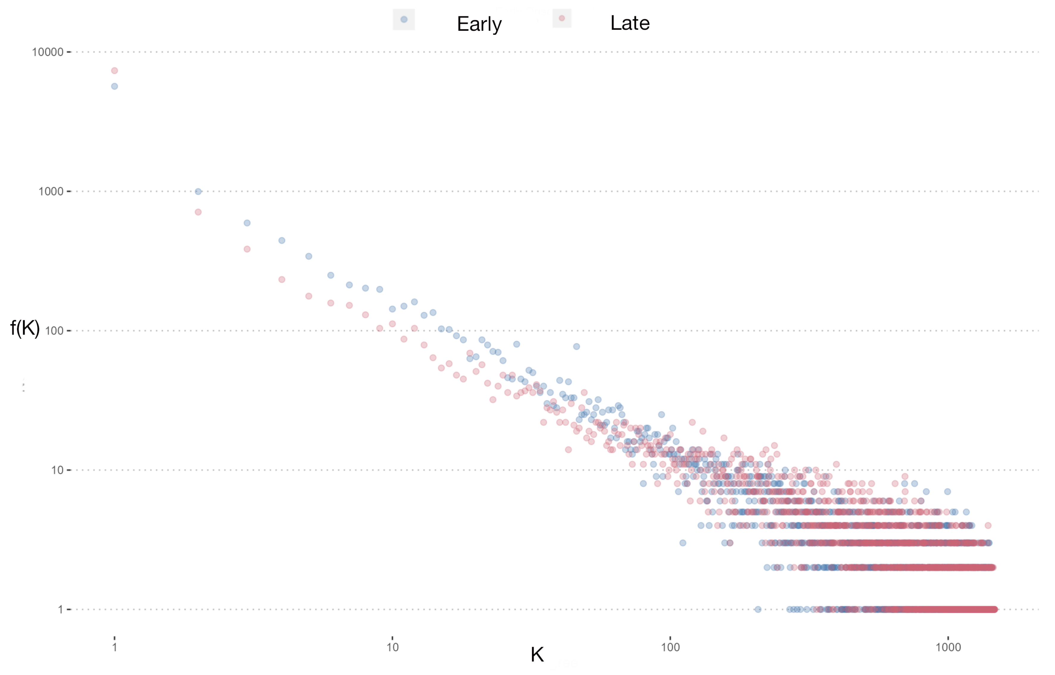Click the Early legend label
point(479,24)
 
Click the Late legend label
point(630,23)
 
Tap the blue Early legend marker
point(404,19)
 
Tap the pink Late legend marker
point(561,18)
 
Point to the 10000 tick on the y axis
point(48,52)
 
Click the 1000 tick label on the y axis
point(51,191)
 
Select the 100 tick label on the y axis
point(54,331)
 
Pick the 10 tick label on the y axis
point(57,470)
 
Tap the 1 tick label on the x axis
point(115,647)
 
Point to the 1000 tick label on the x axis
point(948,647)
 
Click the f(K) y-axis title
point(25,328)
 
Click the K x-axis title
point(537,655)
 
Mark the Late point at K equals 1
point(115,70)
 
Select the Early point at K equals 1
point(115,86)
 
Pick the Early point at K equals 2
point(198,191)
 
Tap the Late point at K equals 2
point(198,212)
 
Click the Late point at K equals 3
point(247,249)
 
